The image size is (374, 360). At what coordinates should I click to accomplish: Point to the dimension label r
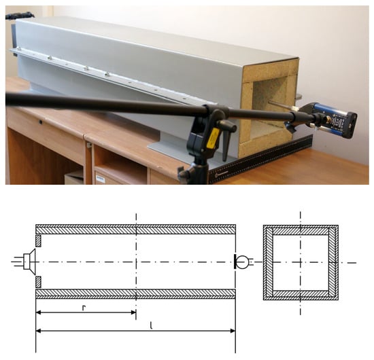pos(84,308)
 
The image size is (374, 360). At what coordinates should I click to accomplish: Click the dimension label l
pos(151,325)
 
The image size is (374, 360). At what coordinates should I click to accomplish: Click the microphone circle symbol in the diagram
pos(243,262)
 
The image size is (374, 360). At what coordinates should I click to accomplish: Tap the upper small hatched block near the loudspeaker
pos(38,241)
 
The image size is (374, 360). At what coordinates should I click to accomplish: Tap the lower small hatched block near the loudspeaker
pos(38,282)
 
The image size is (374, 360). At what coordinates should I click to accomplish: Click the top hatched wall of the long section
pos(136,229)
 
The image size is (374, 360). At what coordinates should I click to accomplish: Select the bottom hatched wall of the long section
pos(136,294)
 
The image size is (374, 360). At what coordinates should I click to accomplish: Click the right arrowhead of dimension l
pos(233,331)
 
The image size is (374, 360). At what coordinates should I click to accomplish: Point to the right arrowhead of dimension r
pos(133,312)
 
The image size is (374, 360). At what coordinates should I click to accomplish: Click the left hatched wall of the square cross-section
pos(268,262)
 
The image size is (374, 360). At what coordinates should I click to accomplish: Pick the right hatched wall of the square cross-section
pos(333,262)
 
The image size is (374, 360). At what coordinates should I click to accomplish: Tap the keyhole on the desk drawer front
pos(41,122)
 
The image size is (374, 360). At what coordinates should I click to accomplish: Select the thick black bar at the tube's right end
pos(235,262)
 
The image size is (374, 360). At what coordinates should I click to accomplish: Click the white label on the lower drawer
pos(100,179)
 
